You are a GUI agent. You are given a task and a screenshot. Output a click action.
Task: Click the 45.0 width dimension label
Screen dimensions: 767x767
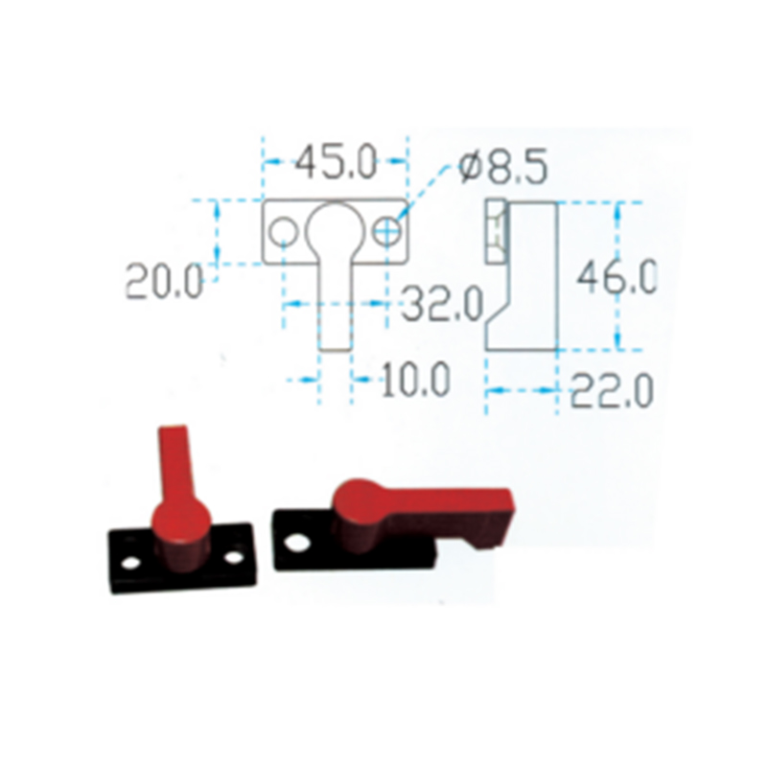coord(337,161)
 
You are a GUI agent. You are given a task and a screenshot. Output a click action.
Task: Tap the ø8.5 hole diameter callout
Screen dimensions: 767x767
coord(503,166)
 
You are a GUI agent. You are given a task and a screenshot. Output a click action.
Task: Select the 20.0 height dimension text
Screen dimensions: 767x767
coord(164,281)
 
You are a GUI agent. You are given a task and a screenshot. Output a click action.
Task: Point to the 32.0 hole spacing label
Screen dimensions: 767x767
coord(442,303)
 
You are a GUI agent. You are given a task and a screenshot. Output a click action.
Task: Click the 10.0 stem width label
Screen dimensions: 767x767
coord(415,379)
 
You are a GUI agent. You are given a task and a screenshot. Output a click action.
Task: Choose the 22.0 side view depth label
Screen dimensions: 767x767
coord(612,390)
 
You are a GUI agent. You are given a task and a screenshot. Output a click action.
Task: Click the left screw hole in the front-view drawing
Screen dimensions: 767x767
coord(284,232)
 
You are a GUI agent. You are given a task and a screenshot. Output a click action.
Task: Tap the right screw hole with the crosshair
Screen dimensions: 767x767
coord(387,231)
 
